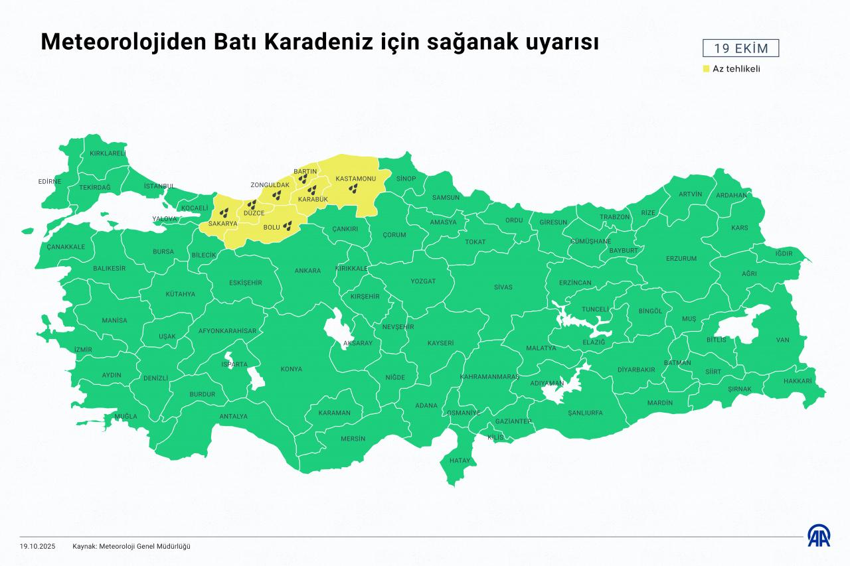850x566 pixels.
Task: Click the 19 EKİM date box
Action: [740, 48]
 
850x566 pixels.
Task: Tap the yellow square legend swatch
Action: [707, 68]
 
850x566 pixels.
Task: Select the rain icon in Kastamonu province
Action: [355, 189]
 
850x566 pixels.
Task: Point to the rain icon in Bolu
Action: [288, 226]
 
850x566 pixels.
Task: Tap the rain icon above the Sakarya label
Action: [225, 212]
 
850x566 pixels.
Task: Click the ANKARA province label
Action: [307, 271]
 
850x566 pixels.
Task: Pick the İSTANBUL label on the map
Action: [159, 186]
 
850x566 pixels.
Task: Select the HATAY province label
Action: [460, 460]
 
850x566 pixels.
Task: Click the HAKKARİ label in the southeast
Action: [798, 382]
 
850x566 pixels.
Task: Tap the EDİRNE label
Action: [50, 181]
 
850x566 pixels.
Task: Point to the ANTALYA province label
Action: [233, 417]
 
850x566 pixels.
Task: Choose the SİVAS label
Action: [503, 287]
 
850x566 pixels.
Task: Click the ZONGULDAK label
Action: [270, 184]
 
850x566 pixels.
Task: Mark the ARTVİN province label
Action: [690, 194]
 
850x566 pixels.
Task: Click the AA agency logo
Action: [818, 536]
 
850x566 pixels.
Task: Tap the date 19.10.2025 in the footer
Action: [38, 546]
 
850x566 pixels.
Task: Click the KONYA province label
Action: [291, 369]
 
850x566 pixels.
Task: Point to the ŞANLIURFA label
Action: [585, 413]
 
